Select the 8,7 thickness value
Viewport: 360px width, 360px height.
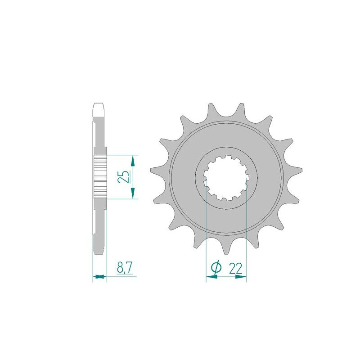point(124,269)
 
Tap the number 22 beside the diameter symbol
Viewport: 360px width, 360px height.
point(235,269)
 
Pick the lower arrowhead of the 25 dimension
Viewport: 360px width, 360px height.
point(132,194)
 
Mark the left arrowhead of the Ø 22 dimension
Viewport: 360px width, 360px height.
point(210,278)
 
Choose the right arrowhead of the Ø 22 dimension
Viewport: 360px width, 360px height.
point(243,278)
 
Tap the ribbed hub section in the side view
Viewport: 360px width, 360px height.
point(99,177)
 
